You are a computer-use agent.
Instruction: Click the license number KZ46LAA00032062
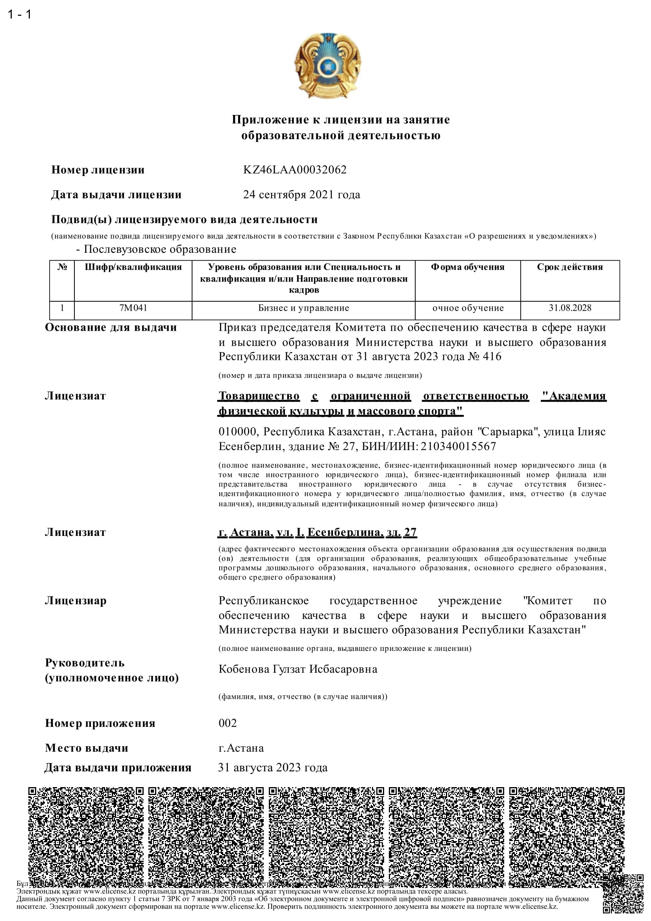[x=295, y=170]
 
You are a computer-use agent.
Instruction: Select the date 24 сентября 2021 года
[x=301, y=195]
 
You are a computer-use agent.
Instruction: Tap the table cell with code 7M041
[x=133, y=308]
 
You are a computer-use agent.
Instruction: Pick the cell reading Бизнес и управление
[x=303, y=308]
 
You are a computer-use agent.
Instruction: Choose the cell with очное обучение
[x=468, y=308]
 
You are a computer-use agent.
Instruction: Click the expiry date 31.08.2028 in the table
[x=570, y=308]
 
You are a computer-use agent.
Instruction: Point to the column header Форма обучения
[x=468, y=267]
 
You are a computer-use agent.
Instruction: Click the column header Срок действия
[x=570, y=267]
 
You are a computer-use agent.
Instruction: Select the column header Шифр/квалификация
[x=133, y=267]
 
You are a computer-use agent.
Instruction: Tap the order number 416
[x=492, y=357]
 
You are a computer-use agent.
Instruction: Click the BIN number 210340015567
[x=458, y=447]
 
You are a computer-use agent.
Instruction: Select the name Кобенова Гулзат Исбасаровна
[x=298, y=669]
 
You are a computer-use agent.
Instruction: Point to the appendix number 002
[x=227, y=723]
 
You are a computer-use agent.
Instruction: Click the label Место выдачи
[x=87, y=748]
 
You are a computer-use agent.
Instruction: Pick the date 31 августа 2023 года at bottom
[x=273, y=768]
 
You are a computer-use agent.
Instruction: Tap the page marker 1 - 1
[x=19, y=15]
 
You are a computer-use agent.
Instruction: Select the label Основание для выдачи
[x=111, y=328]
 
